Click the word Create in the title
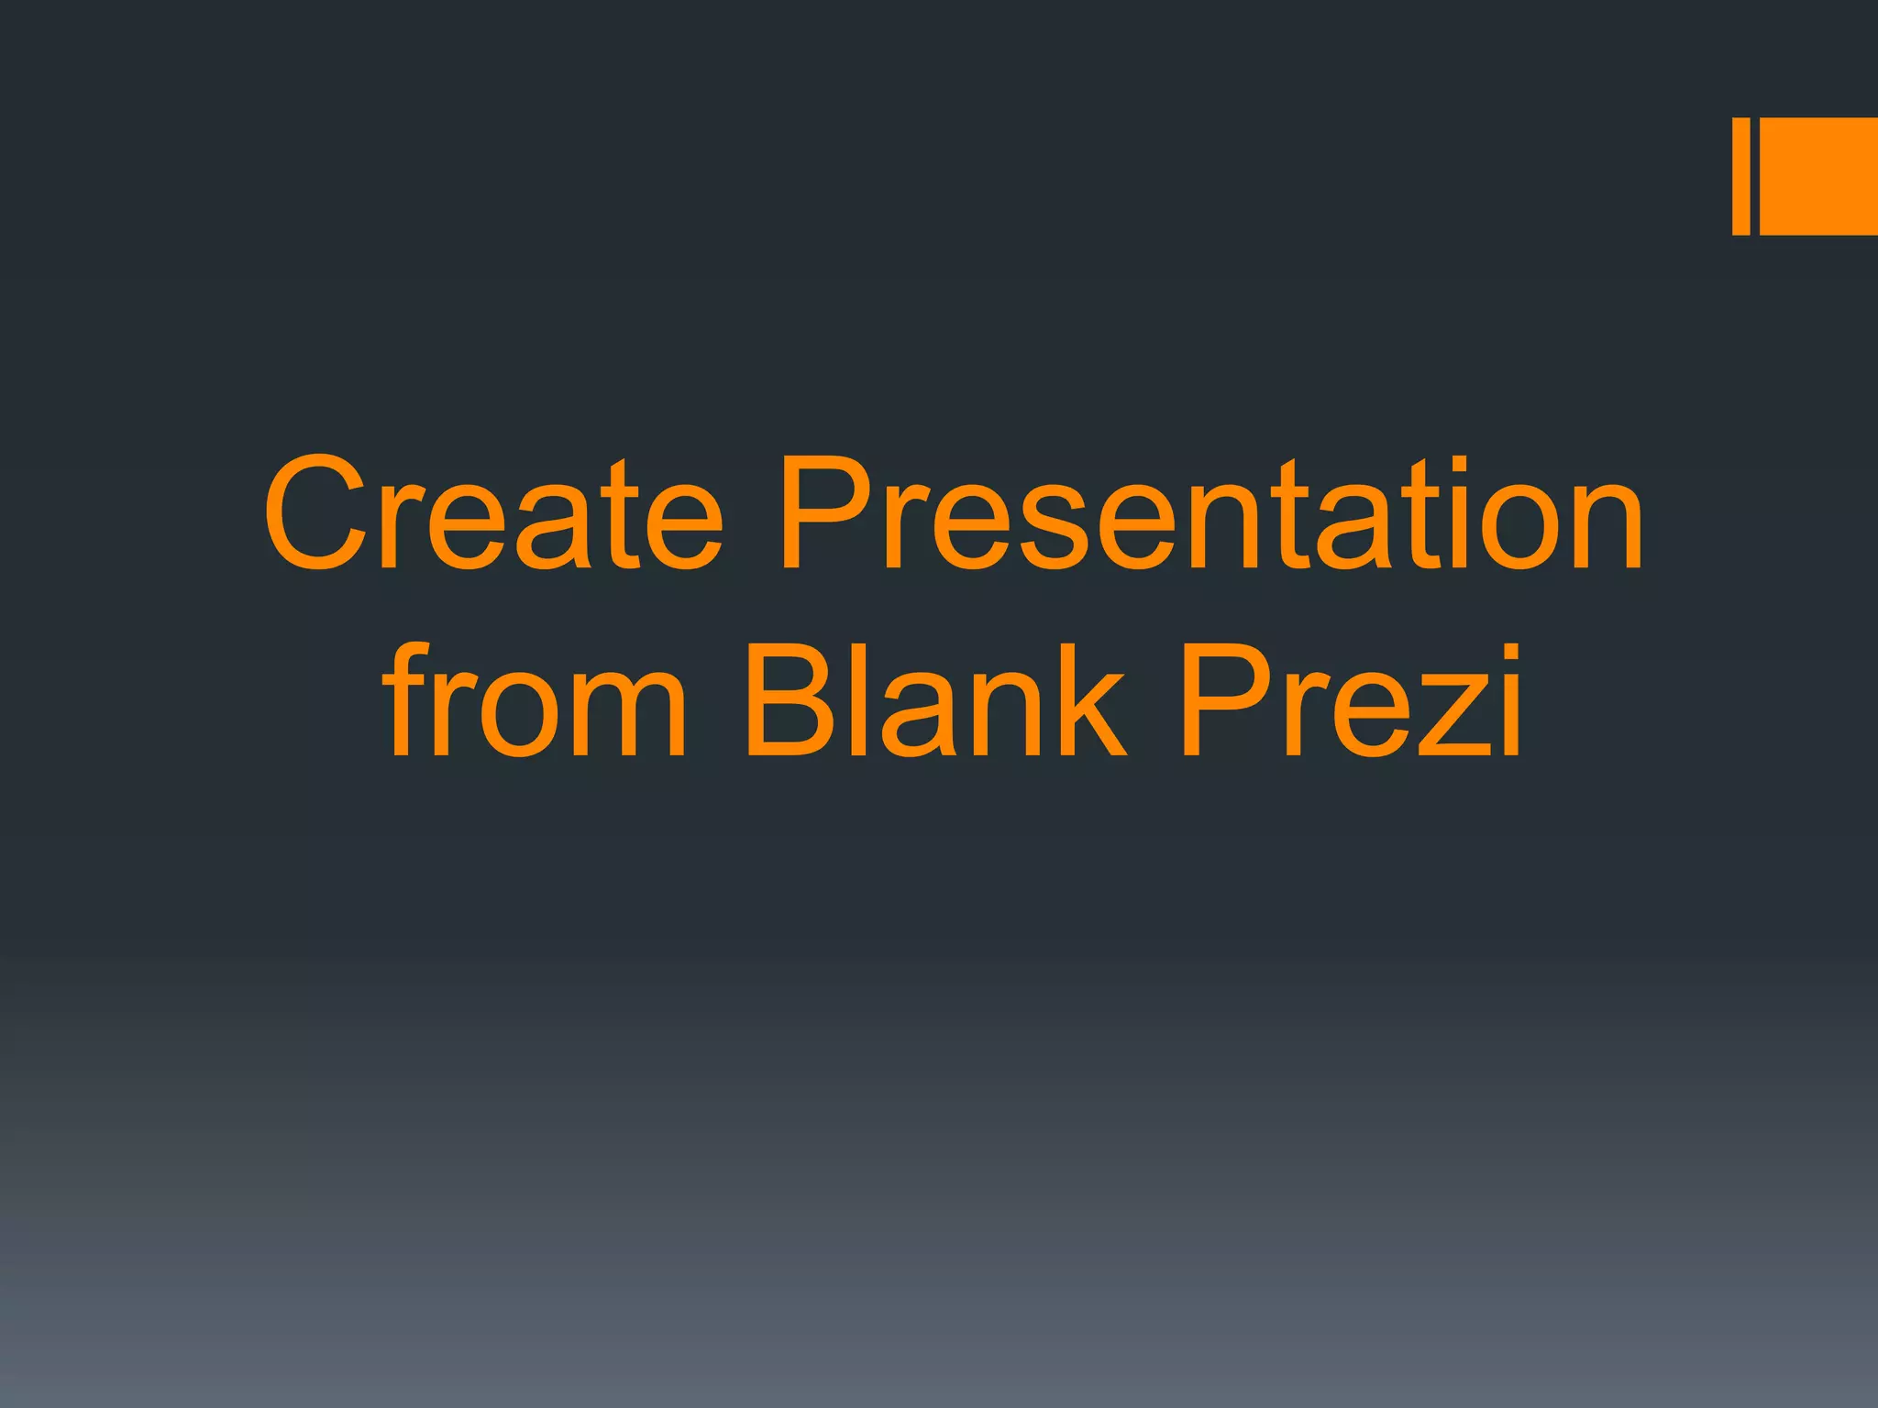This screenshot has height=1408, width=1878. point(493,513)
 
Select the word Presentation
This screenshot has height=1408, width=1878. point(1210,513)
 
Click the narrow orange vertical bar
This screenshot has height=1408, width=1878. point(1740,176)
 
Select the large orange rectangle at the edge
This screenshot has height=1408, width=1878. point(1818,176)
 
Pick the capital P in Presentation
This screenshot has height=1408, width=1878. point(825,513)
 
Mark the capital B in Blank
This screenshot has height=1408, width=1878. point(794,701)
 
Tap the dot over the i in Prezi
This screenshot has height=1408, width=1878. point(1506,652)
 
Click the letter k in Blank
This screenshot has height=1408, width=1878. point(1087,701)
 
